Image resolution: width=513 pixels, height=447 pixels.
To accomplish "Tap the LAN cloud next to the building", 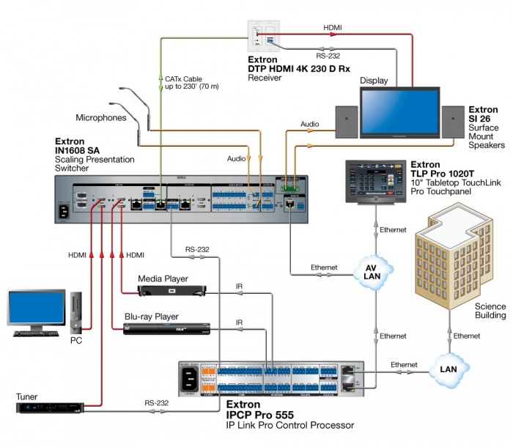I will pos(448,364).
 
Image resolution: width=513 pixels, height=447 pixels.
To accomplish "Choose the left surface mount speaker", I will pos(346,121).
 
